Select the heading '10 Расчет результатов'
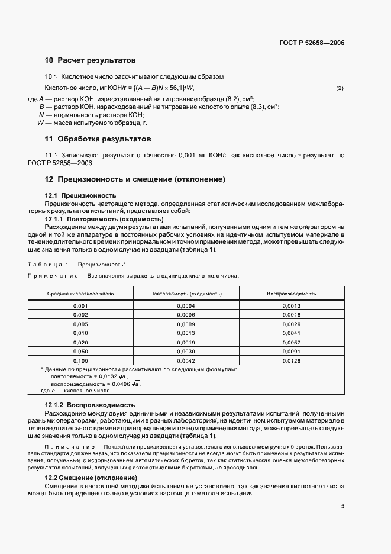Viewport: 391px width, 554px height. tap(91, 60)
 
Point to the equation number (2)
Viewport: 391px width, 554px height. tap(340, 88)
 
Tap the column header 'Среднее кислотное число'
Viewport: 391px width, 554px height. tap(80, 294)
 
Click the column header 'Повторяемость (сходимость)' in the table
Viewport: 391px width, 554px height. tap(186, 294)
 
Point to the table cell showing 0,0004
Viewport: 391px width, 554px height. tap(186, 306)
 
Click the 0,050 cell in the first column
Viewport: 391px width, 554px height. tap(80, 352)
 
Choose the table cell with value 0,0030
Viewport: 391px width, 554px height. tap(186, 352)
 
